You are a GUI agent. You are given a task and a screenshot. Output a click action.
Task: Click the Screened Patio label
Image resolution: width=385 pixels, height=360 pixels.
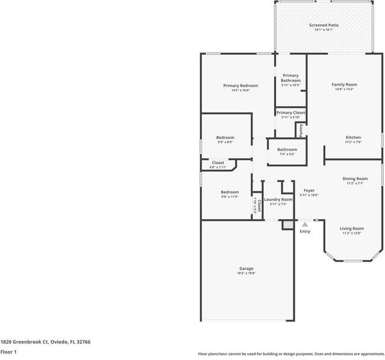[324, 25]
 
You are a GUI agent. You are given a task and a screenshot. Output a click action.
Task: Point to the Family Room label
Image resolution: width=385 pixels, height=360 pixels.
[344, 84]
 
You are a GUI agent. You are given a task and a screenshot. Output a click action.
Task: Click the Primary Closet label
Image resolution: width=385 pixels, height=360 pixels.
[290, 113]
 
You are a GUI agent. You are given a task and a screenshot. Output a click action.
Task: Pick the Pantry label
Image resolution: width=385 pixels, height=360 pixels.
[301, 129]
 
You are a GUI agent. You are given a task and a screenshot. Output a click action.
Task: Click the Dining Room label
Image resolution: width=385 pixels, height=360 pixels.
[355, 179]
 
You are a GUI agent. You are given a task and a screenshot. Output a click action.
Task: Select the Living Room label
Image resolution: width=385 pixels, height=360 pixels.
[352, 228]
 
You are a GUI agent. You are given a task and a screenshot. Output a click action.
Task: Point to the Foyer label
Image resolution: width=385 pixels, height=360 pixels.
[309, 190]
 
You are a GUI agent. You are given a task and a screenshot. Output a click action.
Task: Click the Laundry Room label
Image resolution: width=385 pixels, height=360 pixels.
[278, 199]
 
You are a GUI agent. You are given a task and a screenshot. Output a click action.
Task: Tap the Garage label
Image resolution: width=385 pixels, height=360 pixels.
[246, 268]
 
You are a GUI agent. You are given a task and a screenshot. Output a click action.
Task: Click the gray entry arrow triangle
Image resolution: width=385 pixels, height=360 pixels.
[305, 225]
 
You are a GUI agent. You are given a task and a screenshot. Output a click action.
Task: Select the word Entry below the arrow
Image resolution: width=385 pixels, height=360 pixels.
[305, 231]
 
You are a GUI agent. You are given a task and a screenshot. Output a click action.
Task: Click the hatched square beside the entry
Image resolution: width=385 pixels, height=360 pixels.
[288, 225]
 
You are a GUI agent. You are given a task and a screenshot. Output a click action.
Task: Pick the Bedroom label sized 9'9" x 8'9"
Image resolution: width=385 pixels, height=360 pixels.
[225, 138]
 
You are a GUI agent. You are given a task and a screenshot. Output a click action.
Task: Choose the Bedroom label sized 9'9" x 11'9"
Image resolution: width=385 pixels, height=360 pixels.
[230, 192]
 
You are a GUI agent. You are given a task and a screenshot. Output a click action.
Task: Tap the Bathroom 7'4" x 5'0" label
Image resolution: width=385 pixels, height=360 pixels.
[287, 149]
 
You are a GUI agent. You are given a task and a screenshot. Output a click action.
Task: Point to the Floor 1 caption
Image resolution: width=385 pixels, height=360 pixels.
[8, 352]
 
